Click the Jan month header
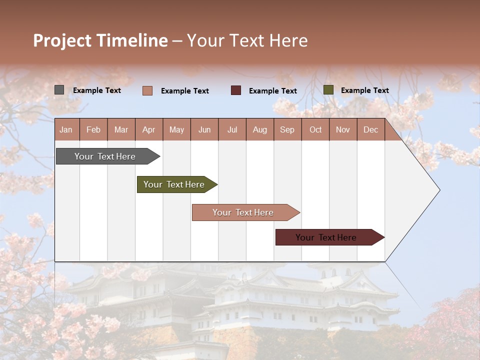pos(66,130)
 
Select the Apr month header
pos(148,130)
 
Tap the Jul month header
pos(232,130)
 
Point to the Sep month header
pos(287,130)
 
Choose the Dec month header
pos(370,130)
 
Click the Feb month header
pos(93,130)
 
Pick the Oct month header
pos(315,130)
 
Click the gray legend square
pos(59,90)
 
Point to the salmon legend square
pos(147,90)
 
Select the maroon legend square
pos(236,90)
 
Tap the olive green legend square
pos(328,90)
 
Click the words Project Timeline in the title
pos(100,40)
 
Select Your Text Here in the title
pos(247,40)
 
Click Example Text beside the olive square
pos(364,90)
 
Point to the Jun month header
pos(204,130)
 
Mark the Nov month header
pos(343,130)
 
